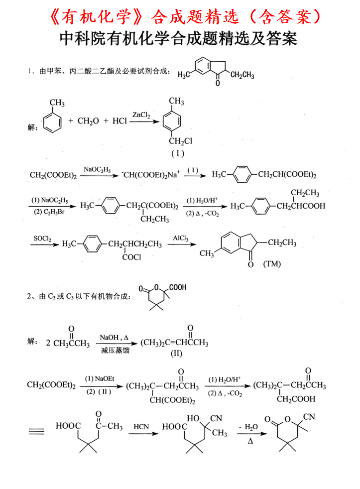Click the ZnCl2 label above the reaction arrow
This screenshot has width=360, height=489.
(x=141, y=115)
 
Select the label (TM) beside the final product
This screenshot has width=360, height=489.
(x=272, y=264)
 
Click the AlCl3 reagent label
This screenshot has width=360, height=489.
(x=181, y=239)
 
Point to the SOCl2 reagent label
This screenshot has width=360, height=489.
(x=42, y=239)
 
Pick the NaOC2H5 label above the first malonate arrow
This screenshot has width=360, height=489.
(x=98, y=169)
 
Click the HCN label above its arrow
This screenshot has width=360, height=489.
(x=140, y=427)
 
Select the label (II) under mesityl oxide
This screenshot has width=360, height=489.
(x=176, y=354)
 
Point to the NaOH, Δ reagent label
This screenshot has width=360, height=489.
(x=114, y=337)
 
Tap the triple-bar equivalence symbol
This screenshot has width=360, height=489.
(x=36, y=432)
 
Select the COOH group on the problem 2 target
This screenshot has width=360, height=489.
(x=178, y=288)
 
